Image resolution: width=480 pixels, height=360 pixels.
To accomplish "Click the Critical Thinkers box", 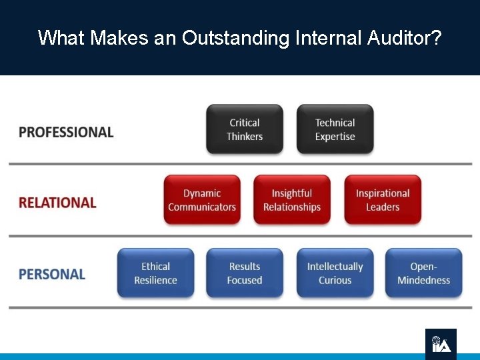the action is (245, 129).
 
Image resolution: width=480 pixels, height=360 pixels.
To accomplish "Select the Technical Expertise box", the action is (335, 129).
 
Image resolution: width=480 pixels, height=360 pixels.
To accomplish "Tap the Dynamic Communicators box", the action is (202, 200).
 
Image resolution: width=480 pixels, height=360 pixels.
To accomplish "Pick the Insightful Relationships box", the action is (292, 200).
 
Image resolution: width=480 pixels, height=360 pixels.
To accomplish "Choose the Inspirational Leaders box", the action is (383, 200).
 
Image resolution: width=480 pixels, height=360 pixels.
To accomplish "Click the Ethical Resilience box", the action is (155, 273).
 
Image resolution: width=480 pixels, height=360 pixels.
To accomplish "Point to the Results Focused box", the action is (245, 273).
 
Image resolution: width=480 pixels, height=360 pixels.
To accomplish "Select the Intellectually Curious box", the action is (335, 273).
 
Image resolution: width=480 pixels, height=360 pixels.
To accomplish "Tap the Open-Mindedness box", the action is (423, 273).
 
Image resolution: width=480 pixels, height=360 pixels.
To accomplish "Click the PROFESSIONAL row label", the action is (66, 132).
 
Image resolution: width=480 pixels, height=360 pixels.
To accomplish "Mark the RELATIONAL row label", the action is (57, 203).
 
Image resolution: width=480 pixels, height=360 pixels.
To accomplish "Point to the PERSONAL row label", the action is (52, 274).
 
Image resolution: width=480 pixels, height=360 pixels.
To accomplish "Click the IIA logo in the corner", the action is (441, 343).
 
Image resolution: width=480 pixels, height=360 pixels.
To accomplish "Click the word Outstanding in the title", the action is (234, 37).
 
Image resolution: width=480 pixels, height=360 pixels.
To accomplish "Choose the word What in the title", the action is (61, 37).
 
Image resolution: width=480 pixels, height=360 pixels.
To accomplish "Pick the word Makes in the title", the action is (119, 37).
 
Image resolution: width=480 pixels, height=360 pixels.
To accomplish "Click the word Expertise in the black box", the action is (335, 137).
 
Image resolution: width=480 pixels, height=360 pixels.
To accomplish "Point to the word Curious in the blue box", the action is (335, 280).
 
